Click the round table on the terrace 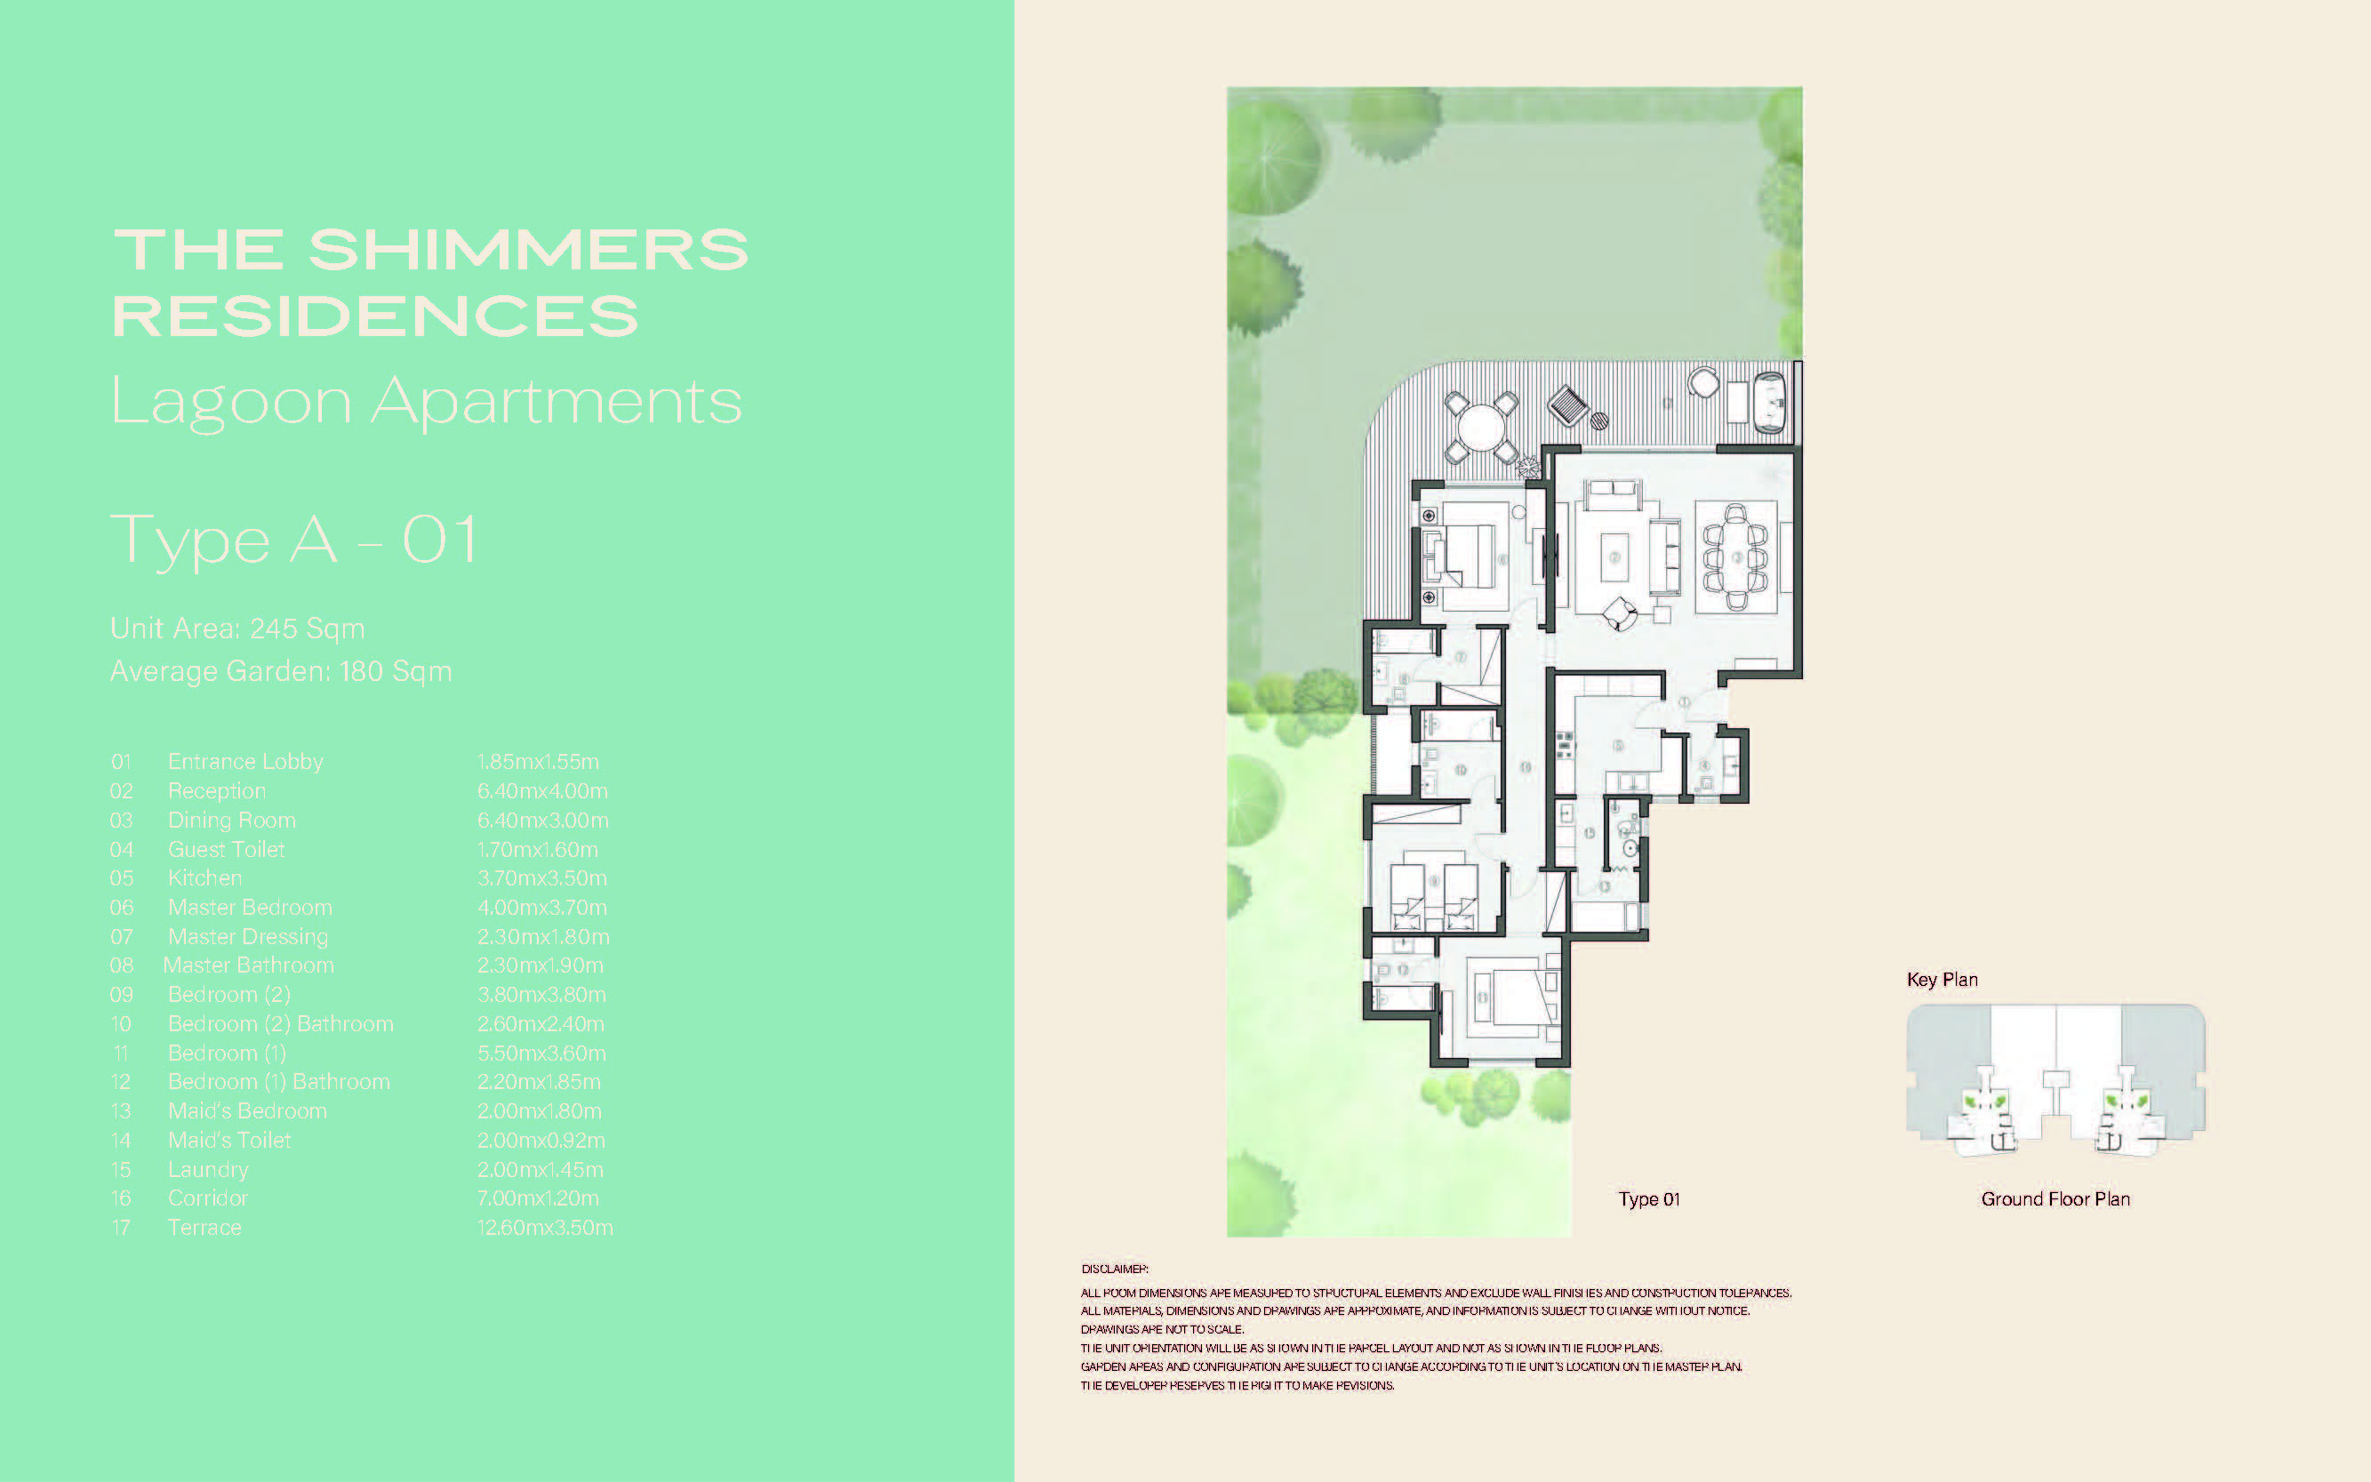point(1481,429)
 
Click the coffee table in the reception point(1614,557)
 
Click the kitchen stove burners point(1565,744)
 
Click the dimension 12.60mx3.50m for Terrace point(545,1227)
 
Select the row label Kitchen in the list point(204,877)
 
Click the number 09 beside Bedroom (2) point(122,994)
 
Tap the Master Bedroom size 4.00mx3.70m point(542,907)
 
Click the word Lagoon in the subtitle point(231,401)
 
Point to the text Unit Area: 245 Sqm point(237,629)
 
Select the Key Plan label point(1942,979)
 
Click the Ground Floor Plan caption point(2055,1198)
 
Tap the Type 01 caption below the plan point(1648,1198)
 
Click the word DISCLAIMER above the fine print point(1115,1269)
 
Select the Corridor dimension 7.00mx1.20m point(538,1198)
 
